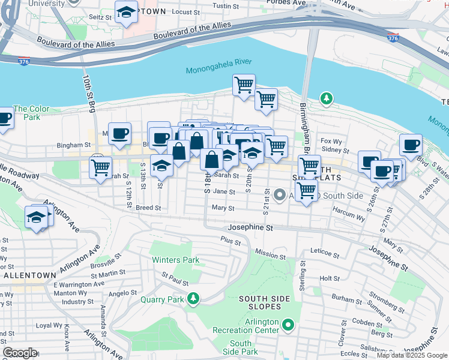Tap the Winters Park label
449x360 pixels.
pyautogui.click(x=175, y=260)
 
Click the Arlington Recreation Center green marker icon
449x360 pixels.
pyautogui.click(x=289, y=325)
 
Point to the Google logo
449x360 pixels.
pyautogui.click(x=19, y=353)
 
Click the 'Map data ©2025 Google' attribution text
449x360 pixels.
pyautogui.click(x=412, y=355)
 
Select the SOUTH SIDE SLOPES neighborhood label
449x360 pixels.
pyautogui.click(x=268, y=299)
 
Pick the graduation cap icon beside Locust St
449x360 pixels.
pyautogui.click(x=126, y=12)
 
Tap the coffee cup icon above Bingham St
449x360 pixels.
pyautogui.click(x=119, y=133)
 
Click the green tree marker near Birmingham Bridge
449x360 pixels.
pyautogui.click(x=326, y=98)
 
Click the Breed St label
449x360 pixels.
pyautogui.click(x=148, y=208)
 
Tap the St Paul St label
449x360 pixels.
pyautogui.click(x=175, y=279)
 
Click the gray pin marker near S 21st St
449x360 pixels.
pyautogui.click(x=279, y=195)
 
